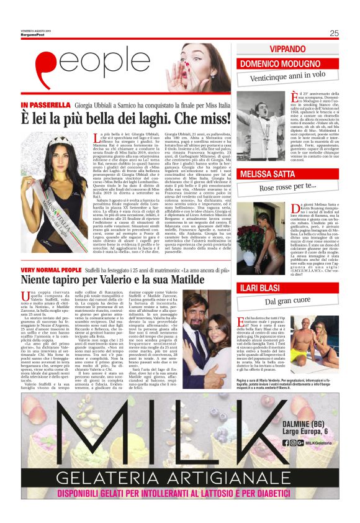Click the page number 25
tap(334, 34)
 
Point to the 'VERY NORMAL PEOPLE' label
tap(51, 271)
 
